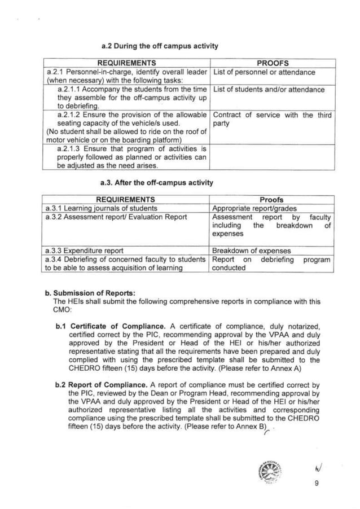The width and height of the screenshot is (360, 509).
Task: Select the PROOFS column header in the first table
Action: (273, 63)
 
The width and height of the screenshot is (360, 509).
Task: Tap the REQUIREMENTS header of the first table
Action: (126, 63)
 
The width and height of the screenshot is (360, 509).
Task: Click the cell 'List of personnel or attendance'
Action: (264, 72)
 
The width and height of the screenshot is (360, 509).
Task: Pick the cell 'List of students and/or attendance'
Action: (269, 89)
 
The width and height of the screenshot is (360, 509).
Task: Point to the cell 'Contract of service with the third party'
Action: (272, 119)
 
